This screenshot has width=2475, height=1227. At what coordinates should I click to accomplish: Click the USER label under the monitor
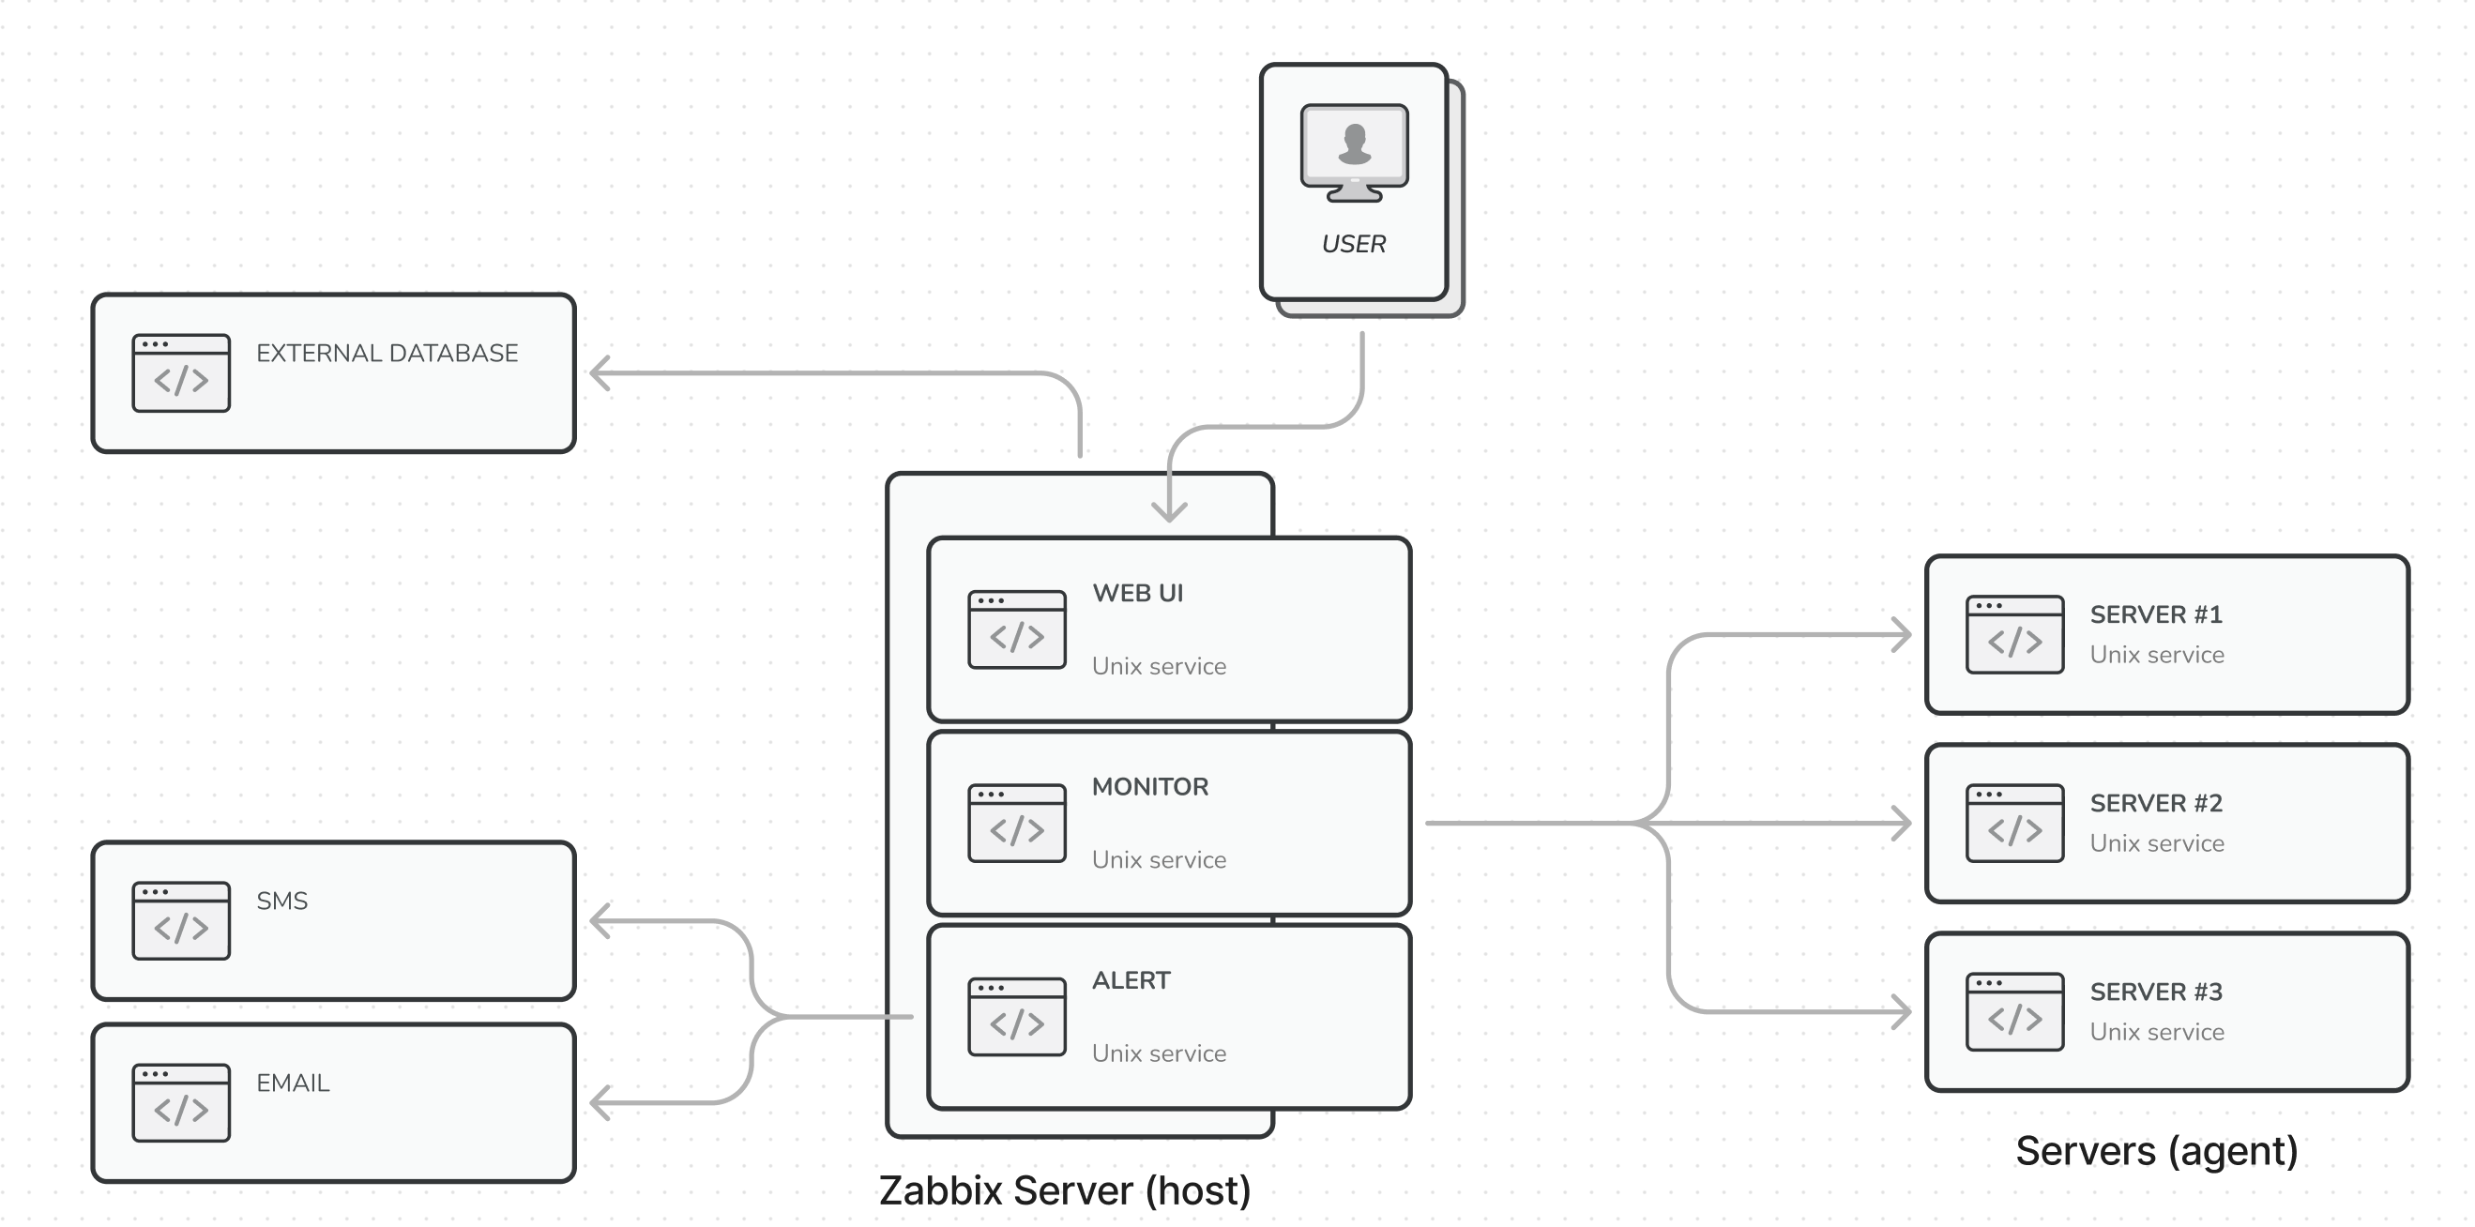click(x=1353, y=244)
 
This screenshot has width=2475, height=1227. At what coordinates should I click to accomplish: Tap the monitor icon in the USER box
click(x=1354, y=152)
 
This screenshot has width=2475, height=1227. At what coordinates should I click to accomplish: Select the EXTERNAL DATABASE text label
click(x=387, y=353)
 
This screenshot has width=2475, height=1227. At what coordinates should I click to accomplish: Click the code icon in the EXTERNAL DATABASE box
click(x=181, y=372)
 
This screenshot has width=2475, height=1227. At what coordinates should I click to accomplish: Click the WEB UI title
click(x=1137, y=593)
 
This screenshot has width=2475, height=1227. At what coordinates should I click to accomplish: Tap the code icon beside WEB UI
click(x=1016, y=629)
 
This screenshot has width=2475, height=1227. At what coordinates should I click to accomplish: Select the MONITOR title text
click(x=1150, y=786)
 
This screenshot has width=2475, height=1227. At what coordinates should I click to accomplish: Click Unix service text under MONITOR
click(x=1159, y=859)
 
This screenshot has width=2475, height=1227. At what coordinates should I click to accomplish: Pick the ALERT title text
click(x=1131, y=980)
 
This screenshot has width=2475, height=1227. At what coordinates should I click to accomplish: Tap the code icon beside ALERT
click(x=1016, y=1017)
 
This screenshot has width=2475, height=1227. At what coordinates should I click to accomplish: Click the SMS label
click(x=281, y=901)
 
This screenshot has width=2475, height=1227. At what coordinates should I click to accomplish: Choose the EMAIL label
click(x=292, y=1083)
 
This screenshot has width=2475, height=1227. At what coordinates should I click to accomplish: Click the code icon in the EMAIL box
click(x=181, y=1102)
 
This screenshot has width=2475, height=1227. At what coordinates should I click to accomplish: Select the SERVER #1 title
click(x=2156, y=614)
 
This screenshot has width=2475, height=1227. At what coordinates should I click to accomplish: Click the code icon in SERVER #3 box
click(x=2013, y=1012)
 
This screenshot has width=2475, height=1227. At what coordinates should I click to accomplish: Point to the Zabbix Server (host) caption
click(x=1065, y=1190)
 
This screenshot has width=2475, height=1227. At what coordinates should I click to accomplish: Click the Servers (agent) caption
click(x=2156, y=1151)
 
